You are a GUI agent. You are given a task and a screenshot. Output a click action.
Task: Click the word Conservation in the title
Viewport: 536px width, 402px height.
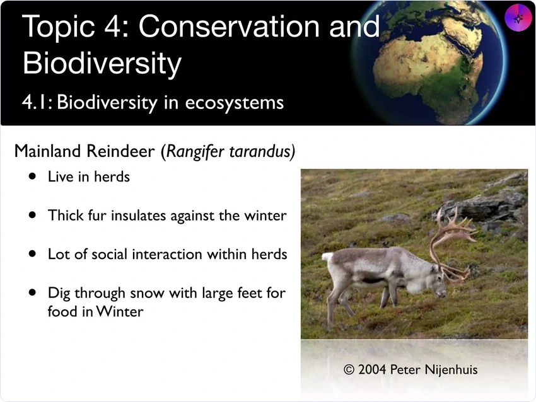click(229, 26)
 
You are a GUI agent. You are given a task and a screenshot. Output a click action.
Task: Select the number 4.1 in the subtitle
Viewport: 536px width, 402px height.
click(37, 102)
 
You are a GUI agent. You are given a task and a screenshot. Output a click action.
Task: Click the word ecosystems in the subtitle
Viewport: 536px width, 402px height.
click(234, 103)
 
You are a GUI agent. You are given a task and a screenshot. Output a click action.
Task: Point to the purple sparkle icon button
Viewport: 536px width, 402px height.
click(518, 18)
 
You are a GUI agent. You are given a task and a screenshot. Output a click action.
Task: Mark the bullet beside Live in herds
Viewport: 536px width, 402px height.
click(32, 176)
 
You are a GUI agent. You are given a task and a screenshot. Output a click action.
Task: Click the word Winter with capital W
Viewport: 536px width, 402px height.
click(120, 311)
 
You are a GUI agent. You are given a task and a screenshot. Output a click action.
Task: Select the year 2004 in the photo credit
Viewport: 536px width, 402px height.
click(372, 370)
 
